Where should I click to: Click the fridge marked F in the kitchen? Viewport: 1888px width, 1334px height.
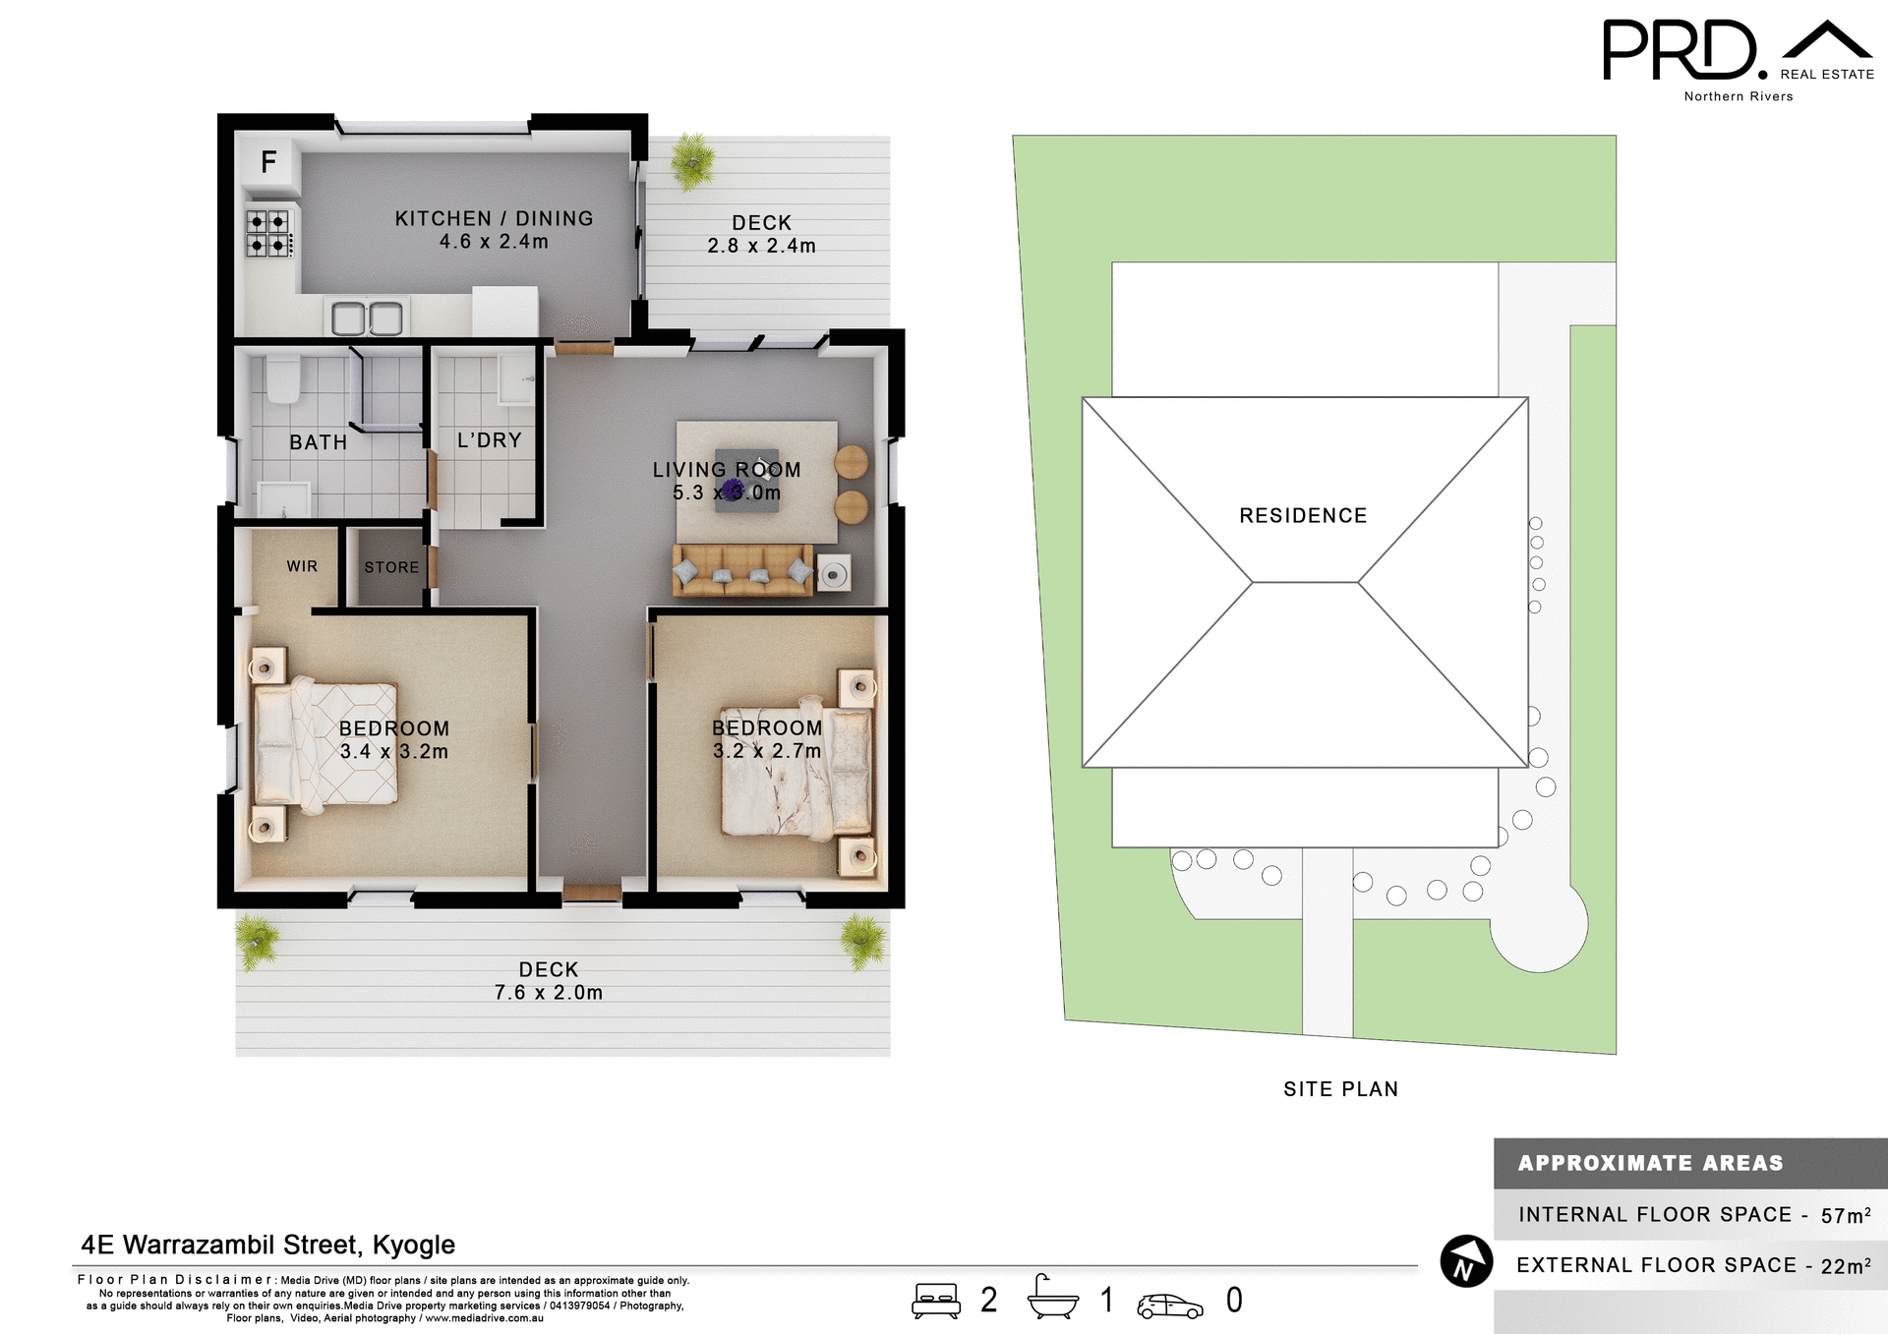267,162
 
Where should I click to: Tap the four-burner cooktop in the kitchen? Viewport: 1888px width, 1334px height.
268,233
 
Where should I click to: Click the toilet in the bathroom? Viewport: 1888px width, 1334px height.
283,378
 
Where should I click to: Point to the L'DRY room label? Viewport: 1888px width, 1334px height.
489,440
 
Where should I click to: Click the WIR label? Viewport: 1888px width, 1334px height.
302,566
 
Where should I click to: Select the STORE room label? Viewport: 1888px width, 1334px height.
391,567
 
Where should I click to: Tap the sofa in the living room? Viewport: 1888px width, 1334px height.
742,569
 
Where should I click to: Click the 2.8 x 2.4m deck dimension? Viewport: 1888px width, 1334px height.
761,246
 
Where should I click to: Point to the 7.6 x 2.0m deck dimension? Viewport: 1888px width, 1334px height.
548,993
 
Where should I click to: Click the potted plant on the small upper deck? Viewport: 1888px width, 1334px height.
692,160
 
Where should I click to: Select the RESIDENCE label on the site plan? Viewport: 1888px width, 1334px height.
1303,516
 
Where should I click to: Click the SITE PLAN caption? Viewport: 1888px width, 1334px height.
1340,1089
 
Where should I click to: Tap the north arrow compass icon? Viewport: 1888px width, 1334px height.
1466,1261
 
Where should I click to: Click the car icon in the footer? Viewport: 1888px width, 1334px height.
1169,1305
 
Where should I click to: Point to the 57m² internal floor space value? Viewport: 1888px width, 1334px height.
1845,1215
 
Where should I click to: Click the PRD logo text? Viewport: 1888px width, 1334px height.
1680,51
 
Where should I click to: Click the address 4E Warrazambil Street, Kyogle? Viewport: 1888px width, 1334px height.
267,1245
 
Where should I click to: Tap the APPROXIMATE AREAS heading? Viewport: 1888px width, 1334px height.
1650,1163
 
